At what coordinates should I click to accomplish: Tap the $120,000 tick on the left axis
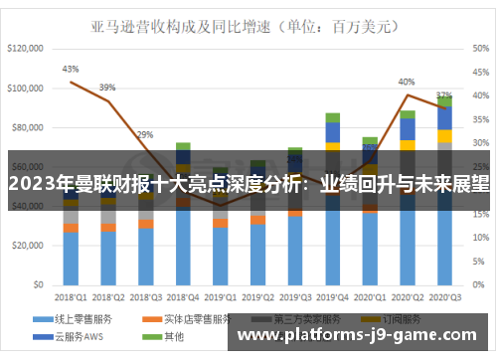pyautogui.click(x=27, y=48)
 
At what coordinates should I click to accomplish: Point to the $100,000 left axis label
pyautogui.click(x=27, y=88)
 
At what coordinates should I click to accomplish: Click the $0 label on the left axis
pyautogui.click(x=39, y=285)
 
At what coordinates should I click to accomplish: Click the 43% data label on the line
pyautogui.click(x=71, y=70)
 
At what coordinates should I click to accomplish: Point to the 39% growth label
pyautogui.click(x=107, y=87)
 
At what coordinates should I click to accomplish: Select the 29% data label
pyautogui.click(x=145, y=134)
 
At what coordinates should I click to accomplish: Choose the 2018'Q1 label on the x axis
pyautogui.click(x=71, y=296)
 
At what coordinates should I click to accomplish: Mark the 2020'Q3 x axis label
pyautogui.click(x=444, y=296)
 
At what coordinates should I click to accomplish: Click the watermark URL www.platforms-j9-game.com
pyautogui.click(x=362, y=336)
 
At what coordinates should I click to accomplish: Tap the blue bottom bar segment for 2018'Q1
pyautogui.click(x=71, y=259)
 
